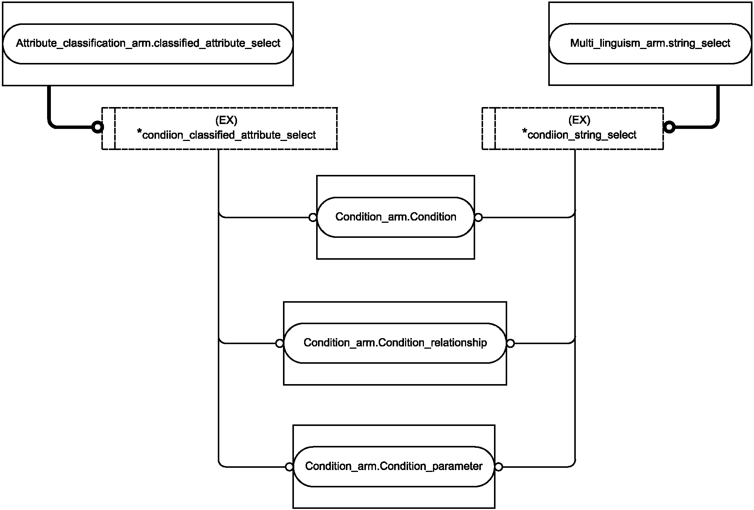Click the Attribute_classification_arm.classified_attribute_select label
[148, 43]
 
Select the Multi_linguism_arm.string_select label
[650, 43]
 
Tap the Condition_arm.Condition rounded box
[395, 217]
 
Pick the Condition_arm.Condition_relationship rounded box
[395, 343]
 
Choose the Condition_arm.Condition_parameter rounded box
[394, 467]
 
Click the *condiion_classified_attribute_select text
[226, 134]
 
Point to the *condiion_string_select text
[580, 134]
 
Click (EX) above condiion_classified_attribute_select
[226, 120]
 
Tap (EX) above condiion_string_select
[579, 120]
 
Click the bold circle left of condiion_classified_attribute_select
[98, 127]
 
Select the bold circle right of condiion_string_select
[669, 127]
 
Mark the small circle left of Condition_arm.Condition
[313, 217]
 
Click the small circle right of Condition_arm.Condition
[478, 217]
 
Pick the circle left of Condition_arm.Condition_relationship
[280, 343]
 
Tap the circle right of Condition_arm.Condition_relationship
[510, 343]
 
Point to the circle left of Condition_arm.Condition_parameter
[289, 467]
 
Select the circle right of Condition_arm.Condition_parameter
[499, 467]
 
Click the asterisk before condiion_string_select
[525, 131]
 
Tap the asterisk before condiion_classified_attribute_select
[139, 132]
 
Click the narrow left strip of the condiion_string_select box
[489, 129]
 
